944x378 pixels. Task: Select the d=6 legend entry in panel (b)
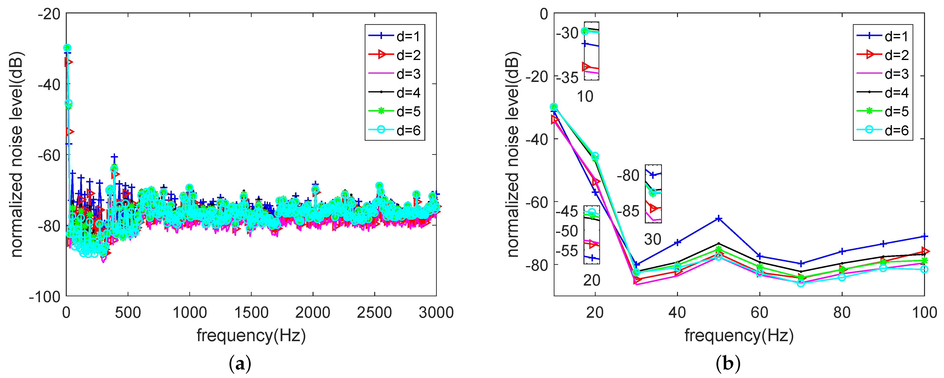(883, 130)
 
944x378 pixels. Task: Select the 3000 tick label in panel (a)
(436, 313)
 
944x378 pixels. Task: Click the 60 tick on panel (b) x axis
(759, 313)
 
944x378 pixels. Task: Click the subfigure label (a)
(240, 364)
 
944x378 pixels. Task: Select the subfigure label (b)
(728, 364)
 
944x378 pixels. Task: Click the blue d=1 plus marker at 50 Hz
(719, 219)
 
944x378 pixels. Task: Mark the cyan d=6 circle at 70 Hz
(801, 283)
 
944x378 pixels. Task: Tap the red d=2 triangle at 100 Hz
(925, 251)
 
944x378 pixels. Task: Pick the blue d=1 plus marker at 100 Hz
(925, 236)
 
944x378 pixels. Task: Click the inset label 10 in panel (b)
(585, 97)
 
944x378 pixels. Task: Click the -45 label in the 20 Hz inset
(567, 211)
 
